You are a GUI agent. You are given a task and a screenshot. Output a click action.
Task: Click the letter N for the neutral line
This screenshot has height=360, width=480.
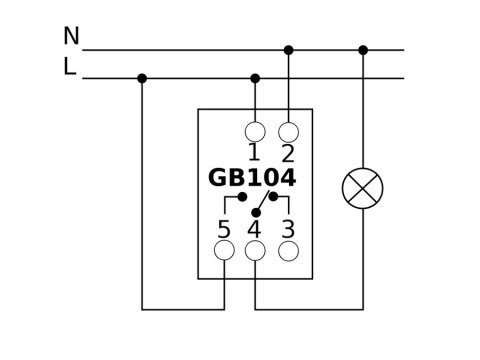pyautogui.click(x=71, y=37)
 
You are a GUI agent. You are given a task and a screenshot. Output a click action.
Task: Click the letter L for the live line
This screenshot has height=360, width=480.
pyautogui.click(x=70, y=67)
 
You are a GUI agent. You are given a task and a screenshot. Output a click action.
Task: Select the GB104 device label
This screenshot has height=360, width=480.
pyautogui.click(x=252, y=178)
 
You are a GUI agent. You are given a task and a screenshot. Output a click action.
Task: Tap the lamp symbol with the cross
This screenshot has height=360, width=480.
pyautogui.click(x=362, y=188)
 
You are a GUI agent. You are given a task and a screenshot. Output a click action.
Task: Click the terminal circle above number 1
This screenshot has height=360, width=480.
pyautogui.click(x=255, y=131)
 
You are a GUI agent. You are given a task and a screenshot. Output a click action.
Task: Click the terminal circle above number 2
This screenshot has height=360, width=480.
pyautogui.click(x=288, y=131)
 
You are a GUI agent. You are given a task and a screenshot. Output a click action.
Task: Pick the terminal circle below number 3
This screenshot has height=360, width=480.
pyautogui.click(x=288, y=250)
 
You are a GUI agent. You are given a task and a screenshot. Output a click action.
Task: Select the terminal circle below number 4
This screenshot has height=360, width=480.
pyautogui.click(x=255, y=250)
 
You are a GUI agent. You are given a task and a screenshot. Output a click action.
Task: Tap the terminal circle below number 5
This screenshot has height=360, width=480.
pyautogui.click(x=223, y=250)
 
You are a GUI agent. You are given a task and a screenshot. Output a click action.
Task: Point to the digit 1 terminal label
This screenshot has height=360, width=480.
pyautogui.click(x=254, y=153)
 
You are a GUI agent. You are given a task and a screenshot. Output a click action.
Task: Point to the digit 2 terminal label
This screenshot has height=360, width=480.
pyautogui.click(x=288, y=153)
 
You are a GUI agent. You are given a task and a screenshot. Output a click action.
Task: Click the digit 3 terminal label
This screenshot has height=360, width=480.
pyautogui.click(x=288, y=228)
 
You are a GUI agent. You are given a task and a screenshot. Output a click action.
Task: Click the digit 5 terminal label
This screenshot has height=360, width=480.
pyautogui.click(x=223, y=228)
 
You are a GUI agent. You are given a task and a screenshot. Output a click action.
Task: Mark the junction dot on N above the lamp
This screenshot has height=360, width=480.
pyautogui.click(x=362, y=49)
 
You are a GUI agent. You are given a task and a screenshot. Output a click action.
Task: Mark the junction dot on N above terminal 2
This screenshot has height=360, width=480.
pyautogui.click(x=288, y=49)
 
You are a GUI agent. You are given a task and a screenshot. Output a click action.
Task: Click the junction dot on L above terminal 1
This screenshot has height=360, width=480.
pyautogui.click(x=255, y=78)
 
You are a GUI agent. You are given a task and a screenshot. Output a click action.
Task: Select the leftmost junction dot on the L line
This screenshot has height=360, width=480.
pyautogui.click(x=142, y=78)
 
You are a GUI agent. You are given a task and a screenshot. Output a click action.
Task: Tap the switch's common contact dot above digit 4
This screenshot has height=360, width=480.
pyautogui.click(x=256, y=213)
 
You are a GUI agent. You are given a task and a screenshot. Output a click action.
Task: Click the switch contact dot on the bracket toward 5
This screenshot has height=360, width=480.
pyautogui.click(x=243, y=197)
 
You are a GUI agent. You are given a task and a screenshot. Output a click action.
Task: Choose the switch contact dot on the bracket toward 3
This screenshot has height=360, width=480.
pyautogui.click(x=273, y=197)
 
